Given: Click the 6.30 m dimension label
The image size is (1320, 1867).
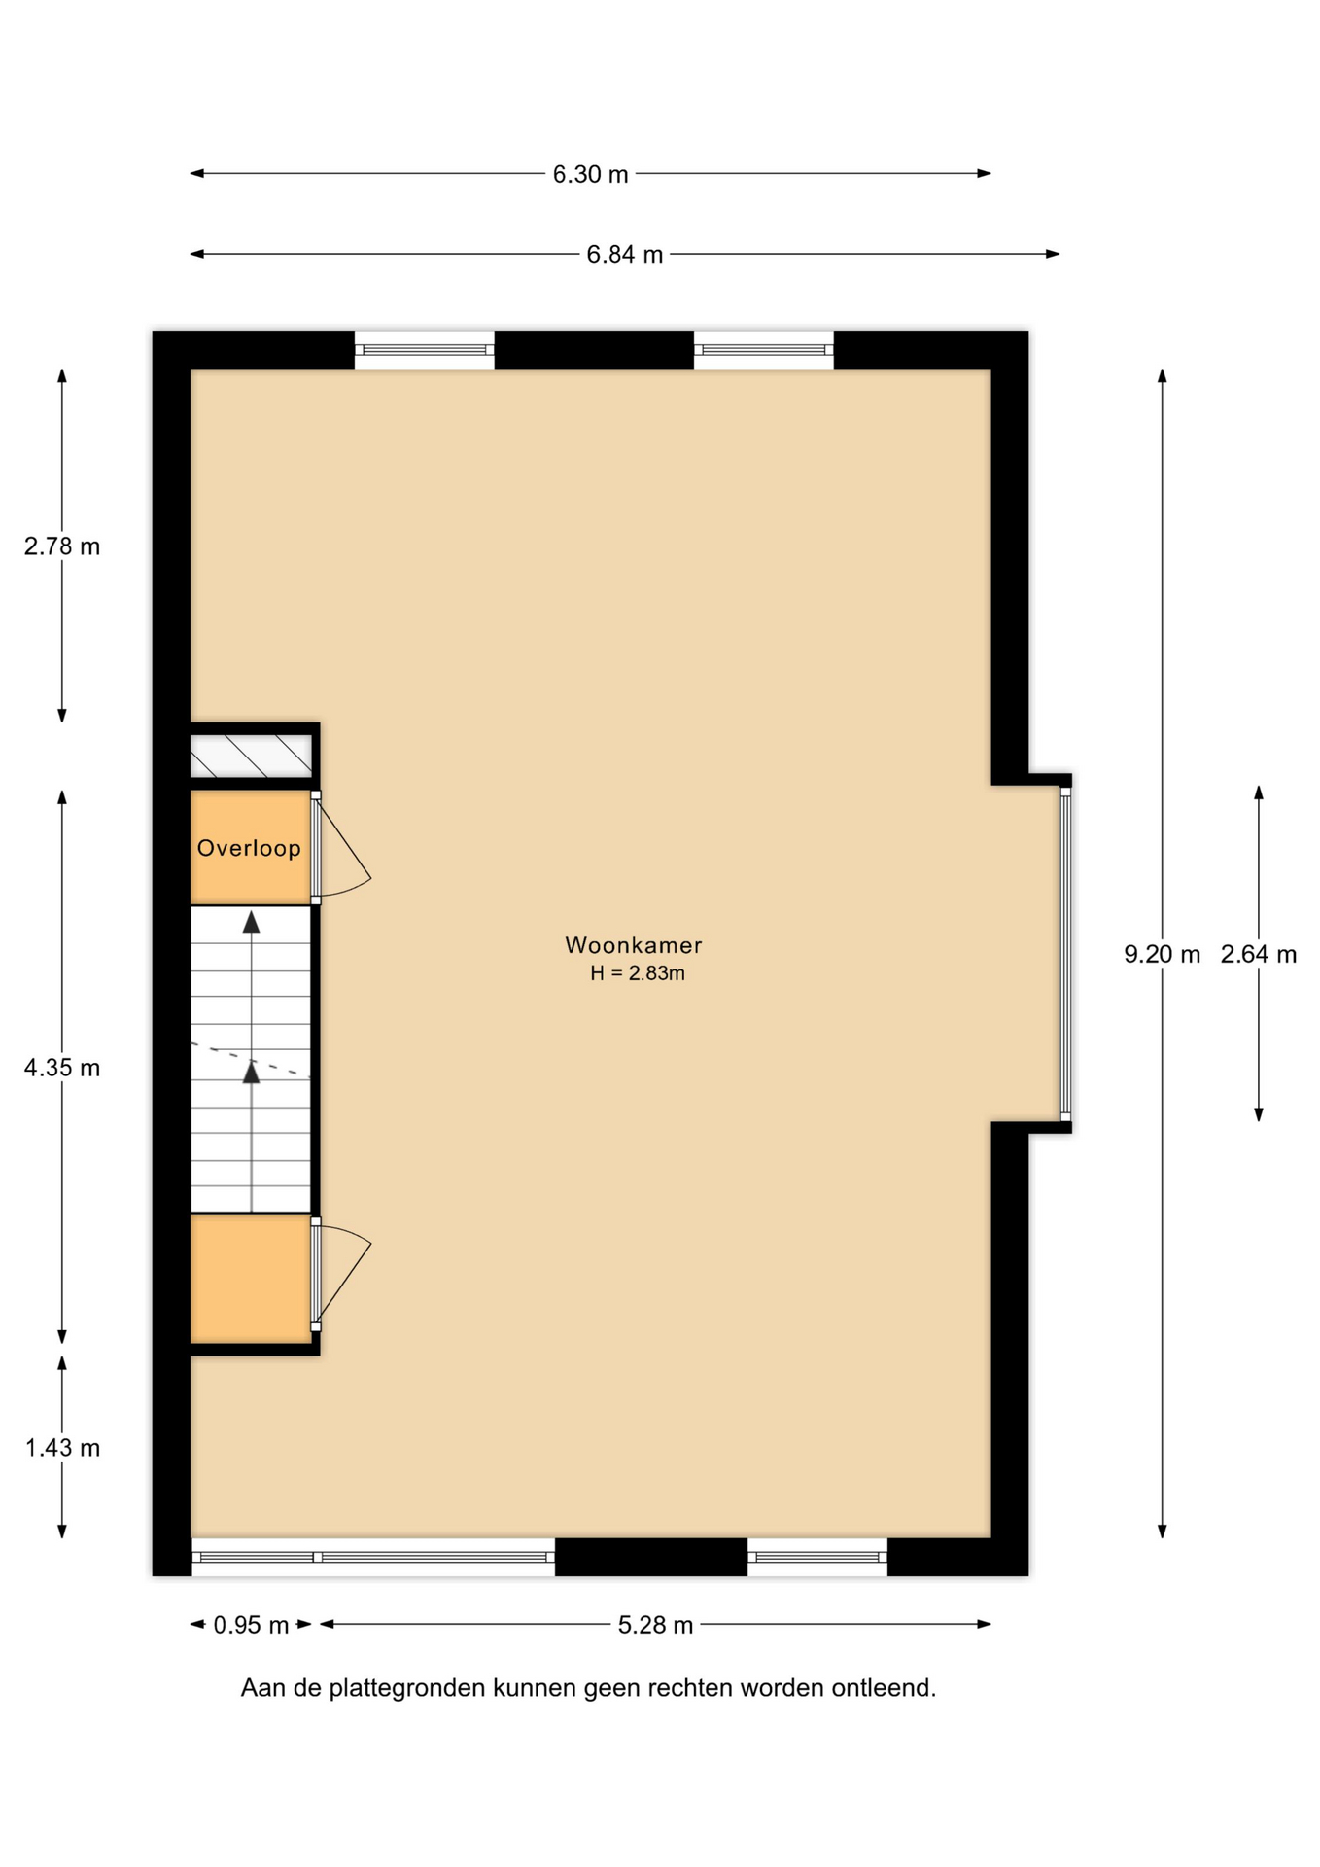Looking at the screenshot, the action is [x=590, y=174].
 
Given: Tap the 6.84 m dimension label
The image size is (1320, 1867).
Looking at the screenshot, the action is [x=624, y=254].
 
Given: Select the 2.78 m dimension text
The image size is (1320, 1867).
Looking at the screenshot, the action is [x=62, y=546].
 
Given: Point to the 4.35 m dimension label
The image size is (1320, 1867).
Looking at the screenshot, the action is [x=62, y=1068].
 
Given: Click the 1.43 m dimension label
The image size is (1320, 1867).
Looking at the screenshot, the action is [x=62, y=1448].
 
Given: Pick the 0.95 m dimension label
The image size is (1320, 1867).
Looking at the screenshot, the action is [x=251, y=1625].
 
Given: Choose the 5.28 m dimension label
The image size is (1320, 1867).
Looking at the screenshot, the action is [x=655, y=1625].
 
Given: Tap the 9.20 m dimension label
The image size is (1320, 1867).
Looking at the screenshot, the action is [x=1162, y=954].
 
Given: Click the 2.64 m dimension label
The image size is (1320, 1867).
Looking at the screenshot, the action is [x=1259, y=954].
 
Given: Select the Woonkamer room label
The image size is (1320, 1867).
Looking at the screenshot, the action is [x=634, y=945].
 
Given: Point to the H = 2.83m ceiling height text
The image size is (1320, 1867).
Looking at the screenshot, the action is [x=638, y=973].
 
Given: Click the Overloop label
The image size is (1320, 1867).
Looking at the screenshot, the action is [x=249, y=848].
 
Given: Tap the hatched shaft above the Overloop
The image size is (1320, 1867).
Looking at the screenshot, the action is [x=251, y=756].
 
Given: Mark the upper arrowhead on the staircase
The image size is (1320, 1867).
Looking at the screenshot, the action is [x=252, y=922].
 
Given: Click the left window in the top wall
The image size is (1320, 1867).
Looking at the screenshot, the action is [x=425, y=350].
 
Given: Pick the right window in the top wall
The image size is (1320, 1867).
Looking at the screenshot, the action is [x=764, y=350].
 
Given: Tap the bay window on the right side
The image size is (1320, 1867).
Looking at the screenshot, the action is [x=1065, y=954].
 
